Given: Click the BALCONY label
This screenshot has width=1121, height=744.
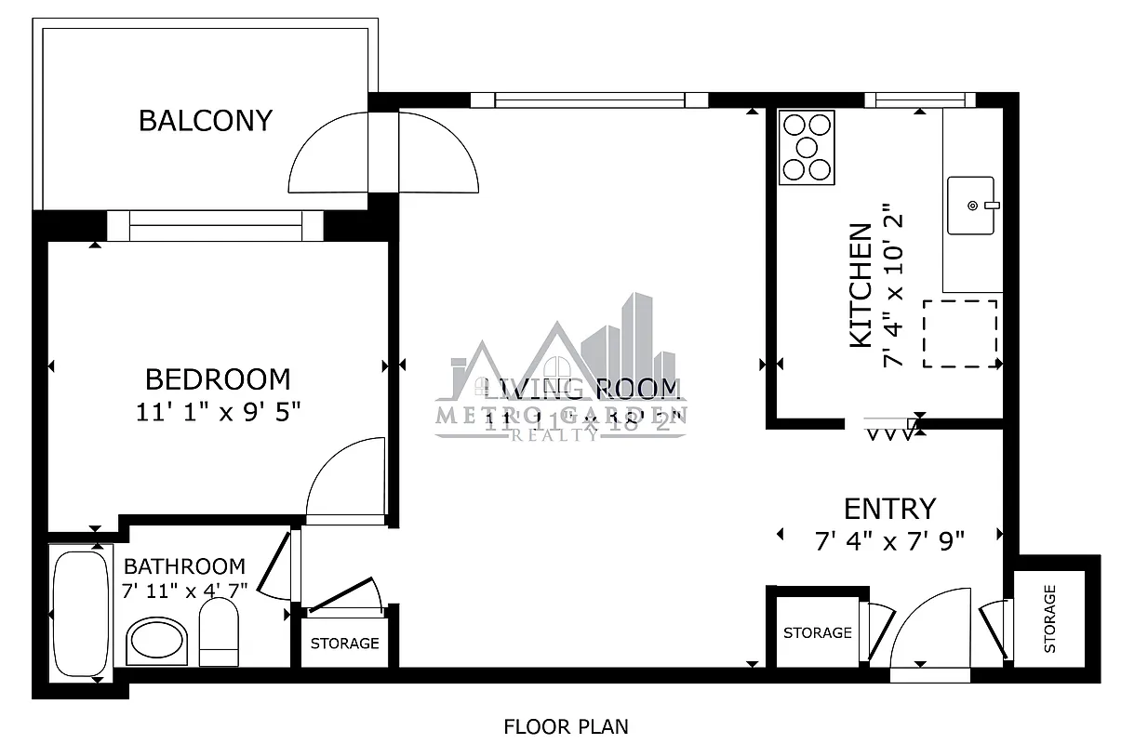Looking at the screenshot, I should (205, 121).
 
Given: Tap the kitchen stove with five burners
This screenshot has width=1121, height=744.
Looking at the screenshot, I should (807, 147).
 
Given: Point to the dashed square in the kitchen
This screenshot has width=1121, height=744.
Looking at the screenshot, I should (959, 333).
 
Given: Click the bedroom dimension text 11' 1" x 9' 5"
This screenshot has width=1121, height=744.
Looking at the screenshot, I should (218, 410).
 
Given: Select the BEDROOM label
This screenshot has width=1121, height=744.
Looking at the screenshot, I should (218, 379).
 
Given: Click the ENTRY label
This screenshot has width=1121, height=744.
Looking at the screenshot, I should (889, 509).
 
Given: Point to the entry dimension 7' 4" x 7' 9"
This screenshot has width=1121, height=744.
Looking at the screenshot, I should (889, 540).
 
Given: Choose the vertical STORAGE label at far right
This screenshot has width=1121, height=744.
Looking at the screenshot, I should (1050, 618).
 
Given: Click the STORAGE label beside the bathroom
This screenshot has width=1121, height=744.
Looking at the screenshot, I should (344, 644).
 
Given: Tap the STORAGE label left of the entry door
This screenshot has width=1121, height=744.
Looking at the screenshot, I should (817, 632).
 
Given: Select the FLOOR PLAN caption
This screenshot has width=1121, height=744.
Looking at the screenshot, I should (566, 726).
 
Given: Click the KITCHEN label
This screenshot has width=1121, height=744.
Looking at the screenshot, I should (861, 286).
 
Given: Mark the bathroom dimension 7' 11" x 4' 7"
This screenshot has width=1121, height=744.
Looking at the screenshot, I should (184, 590).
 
